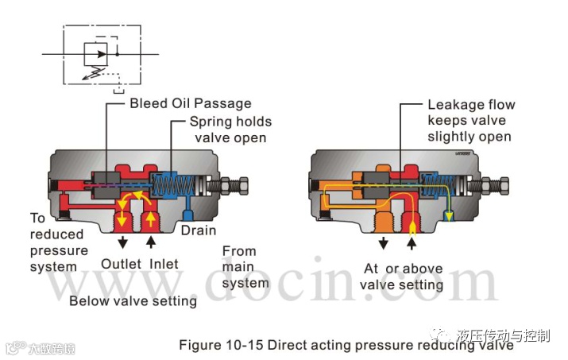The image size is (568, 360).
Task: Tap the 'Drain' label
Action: coord(198,230)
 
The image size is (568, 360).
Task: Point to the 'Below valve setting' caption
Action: coord(133,300)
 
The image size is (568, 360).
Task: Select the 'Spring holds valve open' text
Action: coord(230,130)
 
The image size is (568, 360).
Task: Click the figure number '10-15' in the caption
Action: coord(244,345)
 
